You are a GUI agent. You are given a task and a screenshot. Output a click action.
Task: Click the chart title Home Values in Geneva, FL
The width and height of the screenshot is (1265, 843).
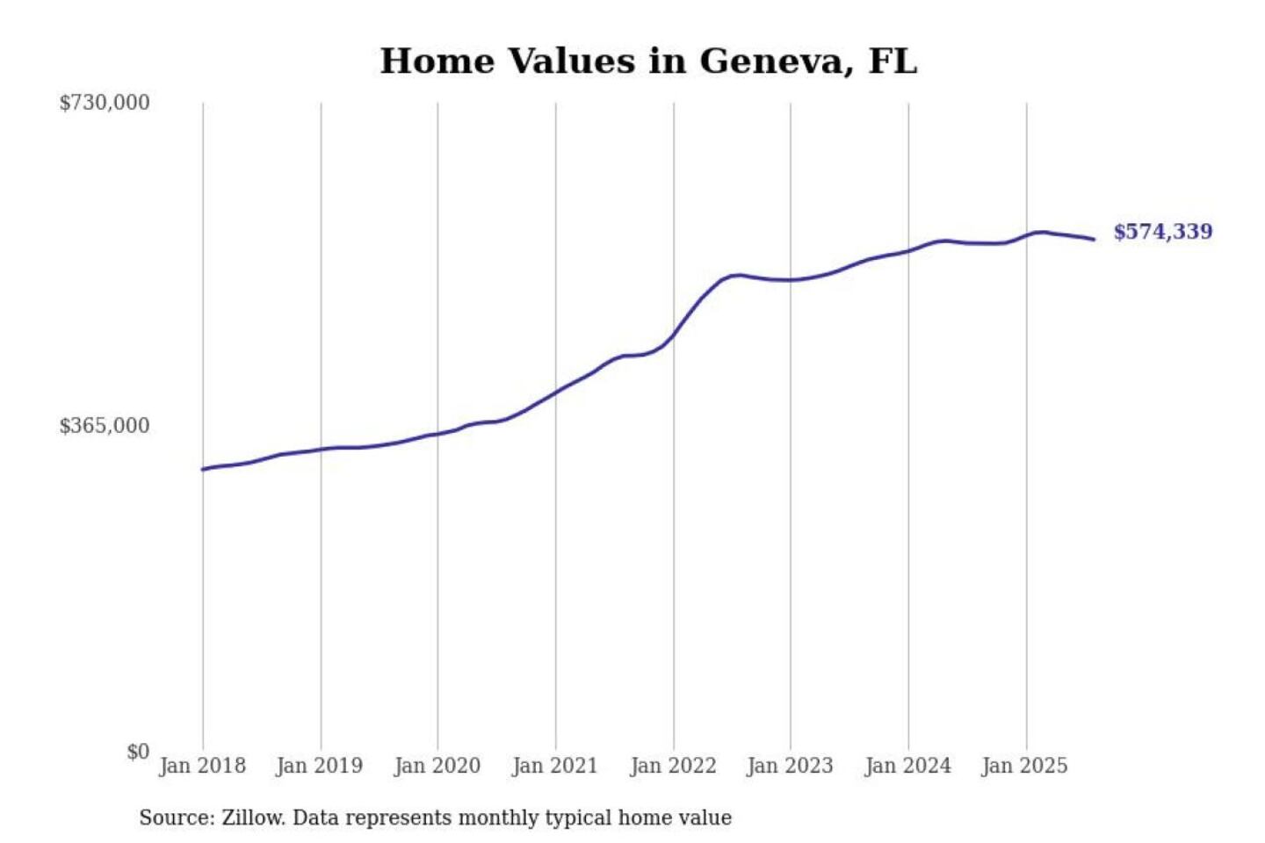[x=648, y=61]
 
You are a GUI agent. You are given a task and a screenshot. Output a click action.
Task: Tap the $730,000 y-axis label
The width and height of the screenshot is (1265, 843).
[x=105, y=103]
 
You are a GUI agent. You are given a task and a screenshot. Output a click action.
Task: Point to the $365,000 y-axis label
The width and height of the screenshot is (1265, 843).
[x=105, y=426]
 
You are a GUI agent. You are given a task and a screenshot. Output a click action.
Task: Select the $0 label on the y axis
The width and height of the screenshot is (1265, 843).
[x=138, y=752]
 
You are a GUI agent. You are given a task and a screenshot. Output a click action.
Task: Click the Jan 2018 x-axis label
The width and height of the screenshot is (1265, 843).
[x=202, y=766]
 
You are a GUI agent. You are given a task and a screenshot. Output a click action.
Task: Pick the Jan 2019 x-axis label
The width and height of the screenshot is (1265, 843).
[x=320, y=766]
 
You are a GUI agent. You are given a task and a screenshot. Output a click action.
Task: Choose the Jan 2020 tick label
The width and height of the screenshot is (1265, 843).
[x=437, y=766]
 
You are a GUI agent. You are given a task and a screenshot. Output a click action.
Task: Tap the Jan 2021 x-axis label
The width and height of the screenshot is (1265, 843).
[x=554, y=766]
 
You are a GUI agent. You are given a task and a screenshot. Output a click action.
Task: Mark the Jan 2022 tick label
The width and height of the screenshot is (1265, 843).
[x=674, y=766]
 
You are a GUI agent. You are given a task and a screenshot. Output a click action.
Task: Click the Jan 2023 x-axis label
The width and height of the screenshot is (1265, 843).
[x=790, y=766]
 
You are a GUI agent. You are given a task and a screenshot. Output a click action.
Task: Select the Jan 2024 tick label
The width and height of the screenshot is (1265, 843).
[x=907, y=766]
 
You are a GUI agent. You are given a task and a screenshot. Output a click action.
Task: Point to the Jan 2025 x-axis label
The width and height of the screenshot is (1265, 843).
[x=1024, y=766]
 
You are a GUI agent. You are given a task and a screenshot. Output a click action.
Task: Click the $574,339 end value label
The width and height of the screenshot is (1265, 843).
[x=1163, y=232]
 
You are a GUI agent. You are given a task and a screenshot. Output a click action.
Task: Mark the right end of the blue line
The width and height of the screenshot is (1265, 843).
[x=1094, y=239]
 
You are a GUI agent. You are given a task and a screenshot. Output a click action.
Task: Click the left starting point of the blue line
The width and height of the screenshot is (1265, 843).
[x=203, y=469]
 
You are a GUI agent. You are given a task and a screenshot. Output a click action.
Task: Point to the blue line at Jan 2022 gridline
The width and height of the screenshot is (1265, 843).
[x=674, y=335]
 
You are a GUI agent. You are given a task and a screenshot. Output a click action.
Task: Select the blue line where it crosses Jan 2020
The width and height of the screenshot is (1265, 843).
[x=437, y=434]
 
